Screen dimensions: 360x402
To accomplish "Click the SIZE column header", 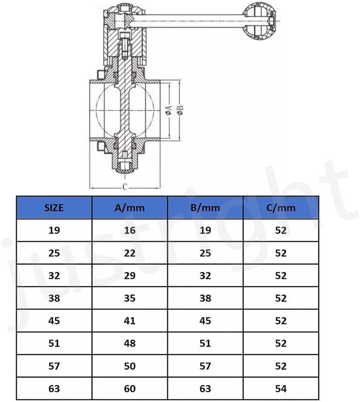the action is (x=54, y=208).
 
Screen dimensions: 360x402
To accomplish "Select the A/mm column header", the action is (x=129, y=208).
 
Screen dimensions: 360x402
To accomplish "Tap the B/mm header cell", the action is (x=205, y=208).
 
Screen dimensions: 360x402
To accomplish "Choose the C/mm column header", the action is (x=281, y=208).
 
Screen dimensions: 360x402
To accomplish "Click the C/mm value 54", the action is (x=281, y=389).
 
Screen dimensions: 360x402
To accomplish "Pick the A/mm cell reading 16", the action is (x=130, y=230).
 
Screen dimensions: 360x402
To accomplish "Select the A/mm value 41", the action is (x=130, y=321).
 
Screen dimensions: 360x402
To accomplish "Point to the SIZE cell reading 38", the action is (x=54, y=298).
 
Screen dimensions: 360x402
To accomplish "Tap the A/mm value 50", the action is (x=130, y=366).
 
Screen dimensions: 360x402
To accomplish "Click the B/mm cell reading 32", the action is (x=205, y=276).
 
